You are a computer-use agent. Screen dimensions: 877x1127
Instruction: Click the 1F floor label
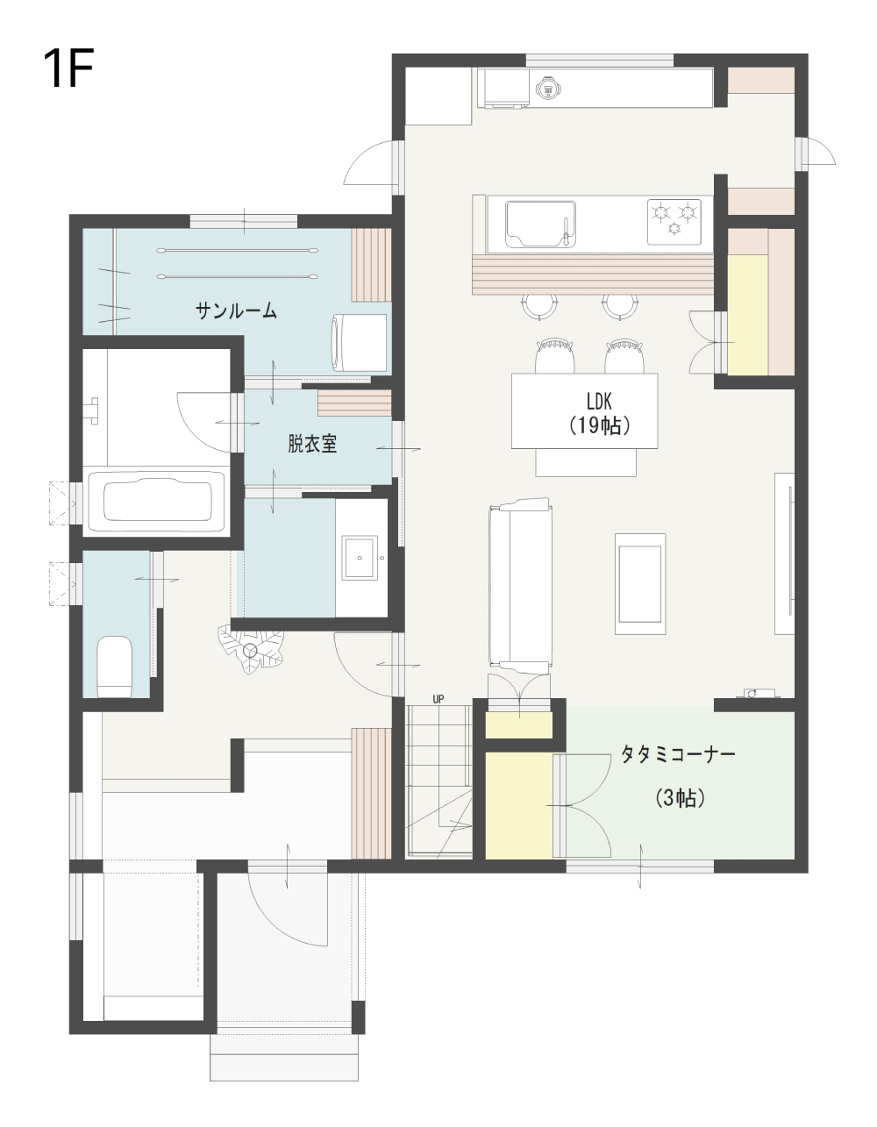click(68, 68)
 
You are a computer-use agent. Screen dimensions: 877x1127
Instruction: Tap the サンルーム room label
click(236, 310)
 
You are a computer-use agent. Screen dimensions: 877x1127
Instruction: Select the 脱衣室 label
click(312, 444)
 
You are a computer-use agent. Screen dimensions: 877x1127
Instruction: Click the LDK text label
click(599, 402)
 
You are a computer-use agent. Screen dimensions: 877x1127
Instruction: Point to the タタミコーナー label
click(679, 753)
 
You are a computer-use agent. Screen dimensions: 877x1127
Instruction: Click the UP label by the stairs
click(438, 699)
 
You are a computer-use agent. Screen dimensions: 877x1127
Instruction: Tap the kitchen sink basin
click(540, 224)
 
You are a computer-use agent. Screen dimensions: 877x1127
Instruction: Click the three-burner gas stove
click(674, 222)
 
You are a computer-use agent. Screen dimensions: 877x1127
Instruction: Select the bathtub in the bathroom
click(158, 501)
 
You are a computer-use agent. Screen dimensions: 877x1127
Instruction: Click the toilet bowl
click(115, 667)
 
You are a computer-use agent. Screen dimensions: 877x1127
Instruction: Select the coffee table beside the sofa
click(640, 583)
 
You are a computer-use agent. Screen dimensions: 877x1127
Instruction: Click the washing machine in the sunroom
click(359, 343)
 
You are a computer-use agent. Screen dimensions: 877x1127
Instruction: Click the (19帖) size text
click(599, 425)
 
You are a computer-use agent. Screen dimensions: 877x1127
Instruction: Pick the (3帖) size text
click(680, 797)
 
